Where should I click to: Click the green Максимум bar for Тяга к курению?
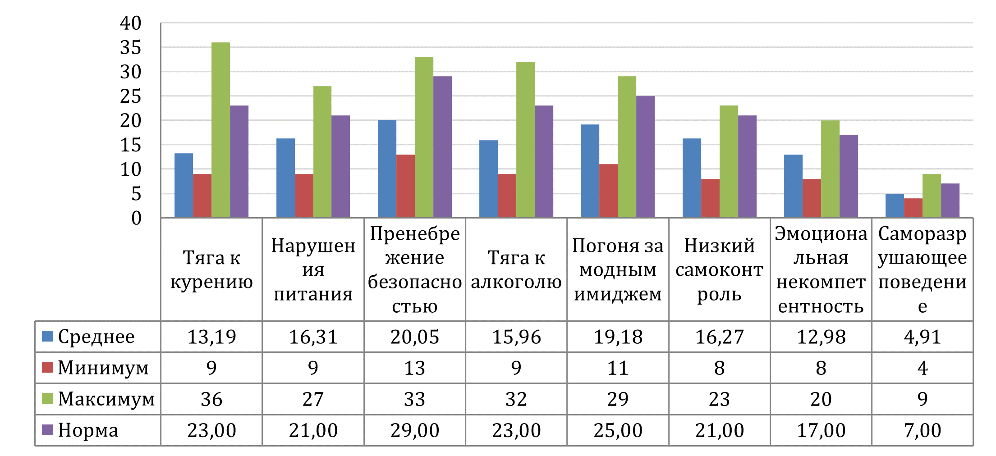pyautogui.click(x=220, y=130)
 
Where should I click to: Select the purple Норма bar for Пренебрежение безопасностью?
pyautogui.click(x=442, y=147)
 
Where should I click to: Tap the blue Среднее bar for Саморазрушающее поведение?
pyautogui.click(x=895, y=206)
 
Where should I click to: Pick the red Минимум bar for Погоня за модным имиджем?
pyautogui.click(x=609, y=191)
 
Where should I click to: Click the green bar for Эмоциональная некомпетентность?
pyautogui.click(x=830, y=169)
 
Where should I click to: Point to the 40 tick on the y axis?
pyautogui.click(x=130, y=23)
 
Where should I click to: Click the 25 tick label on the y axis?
pyautogui.click(x=130, y=96)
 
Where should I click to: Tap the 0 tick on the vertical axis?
pyautogui.click(x=136, y=219)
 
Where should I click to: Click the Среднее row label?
pyautogui.click(x=96, y=337)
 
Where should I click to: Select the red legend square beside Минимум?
pyautogui.click(x=47, y=367)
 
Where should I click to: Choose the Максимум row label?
pyautogui.click(x=106, y=399)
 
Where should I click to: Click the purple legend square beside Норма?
pyautogui.click(x=47, y=430)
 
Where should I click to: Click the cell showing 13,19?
pyautogui.click(x=211, y=337)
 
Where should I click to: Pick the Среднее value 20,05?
pyautogui.click(x=415, y=337)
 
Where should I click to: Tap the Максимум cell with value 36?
pyautogui.click(x=211, y=399)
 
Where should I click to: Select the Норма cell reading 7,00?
pyautogui.click(x=923, y=430)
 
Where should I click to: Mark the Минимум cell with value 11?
pyautogui.click(x=618, y=368)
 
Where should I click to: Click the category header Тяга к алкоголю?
pyautogui.click(x=516, y=269)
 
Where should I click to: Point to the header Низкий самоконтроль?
pyautogui.click(x=720, y=269)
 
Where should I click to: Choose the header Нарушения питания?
pyautogui.click(x=313, y=269)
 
